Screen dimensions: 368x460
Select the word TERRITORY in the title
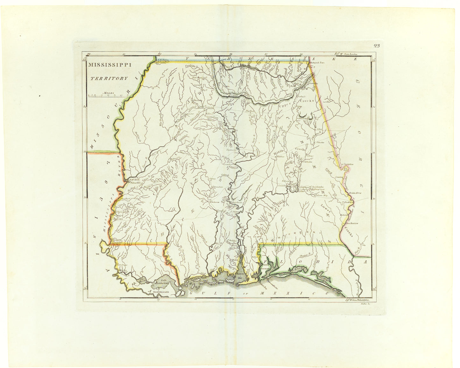(x=108, y=78)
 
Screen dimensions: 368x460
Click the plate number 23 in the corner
(x=377, y=46)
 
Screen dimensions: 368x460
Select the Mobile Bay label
(x=240, y=276)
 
